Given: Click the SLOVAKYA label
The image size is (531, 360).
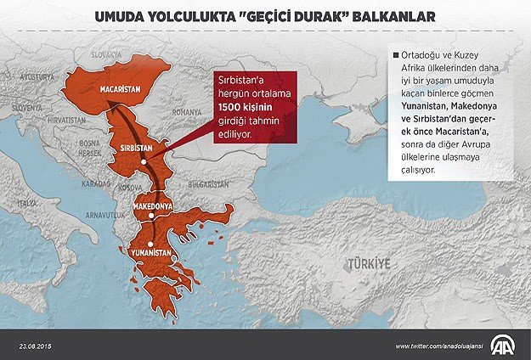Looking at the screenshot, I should tap(109, 53).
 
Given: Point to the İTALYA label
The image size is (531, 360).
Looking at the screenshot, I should tap(27, 204).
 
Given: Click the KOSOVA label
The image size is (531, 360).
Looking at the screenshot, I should tap(129, 187).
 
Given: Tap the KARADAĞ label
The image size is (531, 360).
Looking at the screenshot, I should tap(95, 183).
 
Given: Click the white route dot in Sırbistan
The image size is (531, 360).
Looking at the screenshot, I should tap(145, 160).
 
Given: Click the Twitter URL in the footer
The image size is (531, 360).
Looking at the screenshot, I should tap(439, 346).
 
